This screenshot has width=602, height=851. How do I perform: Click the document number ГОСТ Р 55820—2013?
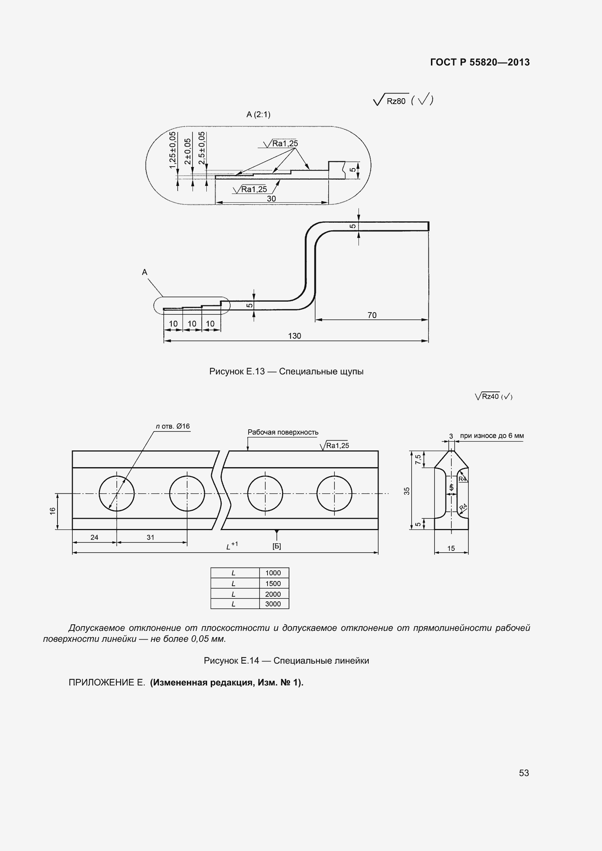pos(480,62)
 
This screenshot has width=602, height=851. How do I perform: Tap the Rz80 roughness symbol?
pos(391,100)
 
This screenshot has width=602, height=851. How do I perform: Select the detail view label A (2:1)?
pos(258,115)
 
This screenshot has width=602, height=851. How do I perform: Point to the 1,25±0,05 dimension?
pos(173,150)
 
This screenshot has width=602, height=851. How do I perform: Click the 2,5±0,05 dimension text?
pos(202,148)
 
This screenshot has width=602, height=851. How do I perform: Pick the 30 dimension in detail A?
pos(272,199)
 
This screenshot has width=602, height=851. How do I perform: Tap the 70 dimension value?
pos(372,315)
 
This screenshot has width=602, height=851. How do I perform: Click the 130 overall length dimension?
pos(295,336)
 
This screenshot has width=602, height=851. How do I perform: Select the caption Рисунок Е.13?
pos(237,371)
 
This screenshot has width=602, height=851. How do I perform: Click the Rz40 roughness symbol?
pos(487,396)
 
